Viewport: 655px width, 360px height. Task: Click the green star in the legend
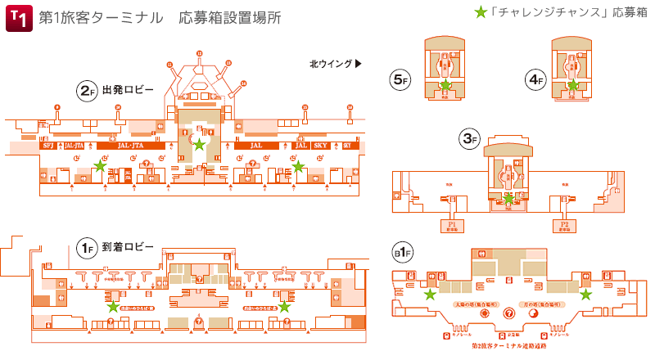click(481, 14)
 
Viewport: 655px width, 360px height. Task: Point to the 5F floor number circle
click(400, 79)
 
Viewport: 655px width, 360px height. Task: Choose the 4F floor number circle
click(535, 79)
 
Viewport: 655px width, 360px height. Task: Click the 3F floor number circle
click(470, 139)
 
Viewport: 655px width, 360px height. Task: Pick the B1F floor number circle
click(401, 254)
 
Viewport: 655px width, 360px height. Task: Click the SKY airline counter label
click(320, 146)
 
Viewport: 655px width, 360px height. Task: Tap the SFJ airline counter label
click(47, 146)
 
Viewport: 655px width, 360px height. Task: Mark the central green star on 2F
click(199, 145)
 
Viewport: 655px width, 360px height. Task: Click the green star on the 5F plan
click(445, 85)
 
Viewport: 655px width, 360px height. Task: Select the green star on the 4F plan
click(573, 85)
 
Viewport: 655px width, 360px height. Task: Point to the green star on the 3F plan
click(508, 199)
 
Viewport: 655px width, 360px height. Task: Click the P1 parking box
click(451, 224)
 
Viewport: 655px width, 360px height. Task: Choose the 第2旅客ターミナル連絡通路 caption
click(508, 346)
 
